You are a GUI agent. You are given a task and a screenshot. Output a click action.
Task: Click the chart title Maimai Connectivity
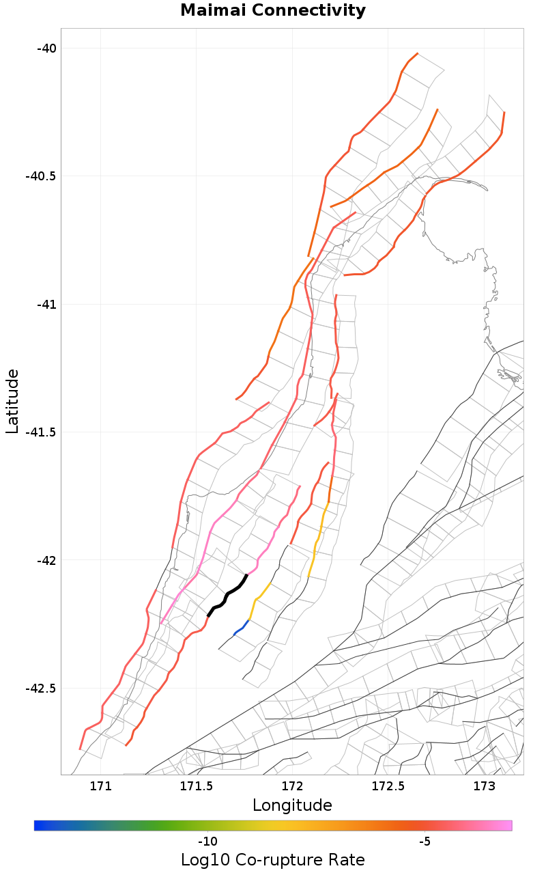(273, 11)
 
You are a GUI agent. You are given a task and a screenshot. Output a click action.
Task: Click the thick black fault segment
(227, 595)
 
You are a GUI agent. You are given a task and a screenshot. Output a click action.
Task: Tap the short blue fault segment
(242, 627)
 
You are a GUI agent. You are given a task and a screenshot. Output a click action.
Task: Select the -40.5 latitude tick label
(40, 176)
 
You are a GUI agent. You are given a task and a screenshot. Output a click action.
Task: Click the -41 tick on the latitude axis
(46, 304)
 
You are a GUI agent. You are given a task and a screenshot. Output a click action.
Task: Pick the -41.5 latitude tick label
(40, 432)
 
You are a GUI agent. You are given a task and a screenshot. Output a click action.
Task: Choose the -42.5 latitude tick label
(40, 688)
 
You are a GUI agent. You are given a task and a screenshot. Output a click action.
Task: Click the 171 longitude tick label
(100, 786)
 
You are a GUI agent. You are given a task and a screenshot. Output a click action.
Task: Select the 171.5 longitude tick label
(197, 786)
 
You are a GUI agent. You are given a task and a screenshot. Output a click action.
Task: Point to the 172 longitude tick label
(292, 786)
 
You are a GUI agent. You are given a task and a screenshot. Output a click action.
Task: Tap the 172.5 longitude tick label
(388, 786)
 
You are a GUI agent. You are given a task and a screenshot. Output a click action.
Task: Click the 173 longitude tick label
(484, 786)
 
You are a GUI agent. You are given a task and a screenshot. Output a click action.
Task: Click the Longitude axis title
(292, 805)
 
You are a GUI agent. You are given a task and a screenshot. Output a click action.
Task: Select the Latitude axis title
(12, 401)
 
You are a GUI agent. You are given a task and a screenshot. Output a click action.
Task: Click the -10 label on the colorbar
(207, 841)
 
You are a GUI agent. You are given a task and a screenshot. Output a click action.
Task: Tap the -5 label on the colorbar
(425, 841)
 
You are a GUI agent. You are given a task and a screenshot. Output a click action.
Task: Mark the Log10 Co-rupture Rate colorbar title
(273, 860)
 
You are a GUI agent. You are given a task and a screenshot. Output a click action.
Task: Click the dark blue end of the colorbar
(38, 826)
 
